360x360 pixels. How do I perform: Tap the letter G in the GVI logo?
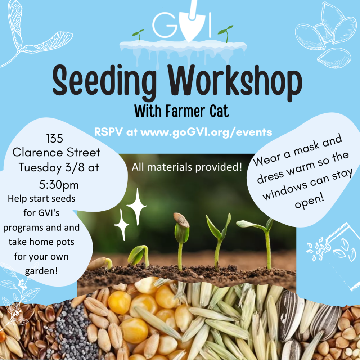[165, 25]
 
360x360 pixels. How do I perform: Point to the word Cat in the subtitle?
[219, 111]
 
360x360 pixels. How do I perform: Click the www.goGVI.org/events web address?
[206, 132]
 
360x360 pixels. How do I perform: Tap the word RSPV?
[108, 132]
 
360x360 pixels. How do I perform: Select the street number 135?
[54, 139]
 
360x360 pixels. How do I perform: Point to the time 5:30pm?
[59, 185]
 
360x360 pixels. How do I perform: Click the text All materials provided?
[187, 167]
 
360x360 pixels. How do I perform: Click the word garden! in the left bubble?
[41, 271]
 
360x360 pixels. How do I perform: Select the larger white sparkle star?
[136, 206]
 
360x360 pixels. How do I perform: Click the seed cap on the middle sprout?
[181, 220]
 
